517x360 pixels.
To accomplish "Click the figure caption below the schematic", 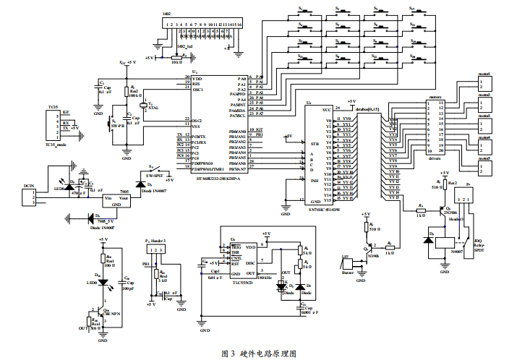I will point(258,353).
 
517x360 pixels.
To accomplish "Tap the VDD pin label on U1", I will point(197,79).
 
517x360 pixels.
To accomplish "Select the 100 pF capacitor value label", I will point(128,288).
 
